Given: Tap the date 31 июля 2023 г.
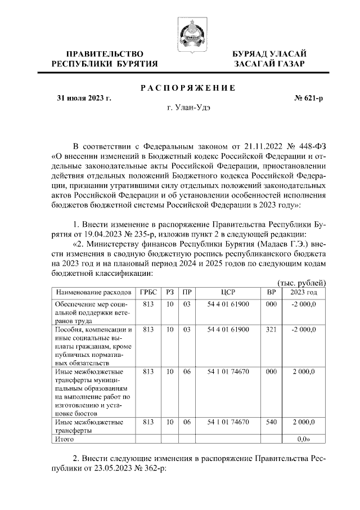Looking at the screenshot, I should (84, 99).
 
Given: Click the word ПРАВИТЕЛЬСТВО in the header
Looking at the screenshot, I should (104, 53).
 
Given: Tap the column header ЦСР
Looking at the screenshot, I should (227, 292).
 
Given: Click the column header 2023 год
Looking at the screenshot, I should (303, 292).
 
